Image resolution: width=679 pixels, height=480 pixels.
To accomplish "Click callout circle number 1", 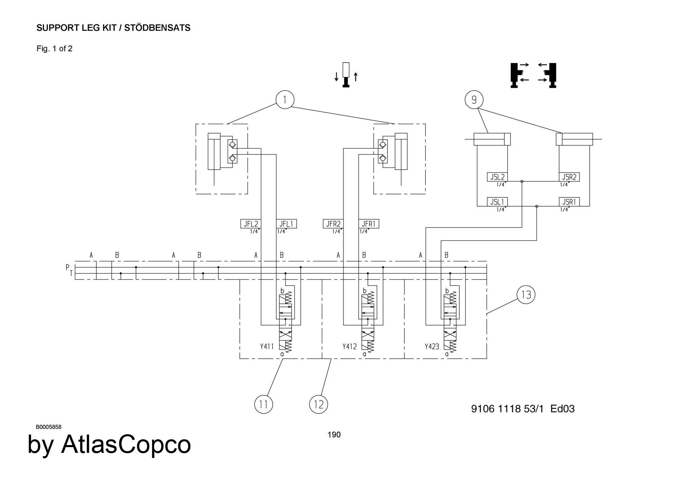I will coord(285,100).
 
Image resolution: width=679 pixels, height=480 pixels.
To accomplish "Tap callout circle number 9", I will coord(474,100).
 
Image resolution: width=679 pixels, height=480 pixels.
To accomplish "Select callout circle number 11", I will coord(263,404).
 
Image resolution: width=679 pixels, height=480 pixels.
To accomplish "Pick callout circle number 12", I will coord(318,404).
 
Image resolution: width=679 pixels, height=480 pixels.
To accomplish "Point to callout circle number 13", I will coord(526,294).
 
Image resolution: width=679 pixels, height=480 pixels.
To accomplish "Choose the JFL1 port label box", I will coord(286,224).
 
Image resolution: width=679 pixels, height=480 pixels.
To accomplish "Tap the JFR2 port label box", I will coord(333,224).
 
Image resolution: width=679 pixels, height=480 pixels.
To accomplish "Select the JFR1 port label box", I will coord(369,224).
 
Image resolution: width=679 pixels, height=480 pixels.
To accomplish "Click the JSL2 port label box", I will coord(497,177).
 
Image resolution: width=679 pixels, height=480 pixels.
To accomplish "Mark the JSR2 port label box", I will coord(569,177).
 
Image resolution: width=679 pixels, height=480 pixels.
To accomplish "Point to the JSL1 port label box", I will coord(497,202).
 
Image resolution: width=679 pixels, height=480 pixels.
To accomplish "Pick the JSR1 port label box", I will coord(569,202).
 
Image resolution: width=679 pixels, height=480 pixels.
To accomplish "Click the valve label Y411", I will coord(267,347).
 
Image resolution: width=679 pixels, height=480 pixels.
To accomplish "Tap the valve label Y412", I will coord(349,347).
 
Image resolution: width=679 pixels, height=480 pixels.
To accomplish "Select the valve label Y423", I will coord(432,347).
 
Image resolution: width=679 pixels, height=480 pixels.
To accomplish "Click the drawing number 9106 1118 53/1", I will coord(507,409).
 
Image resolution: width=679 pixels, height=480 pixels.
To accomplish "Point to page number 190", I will coord(334,435).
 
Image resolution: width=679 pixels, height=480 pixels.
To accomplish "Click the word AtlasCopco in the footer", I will coord(126,444).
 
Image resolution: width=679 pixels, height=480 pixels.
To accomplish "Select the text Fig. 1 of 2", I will coord(54,49).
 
